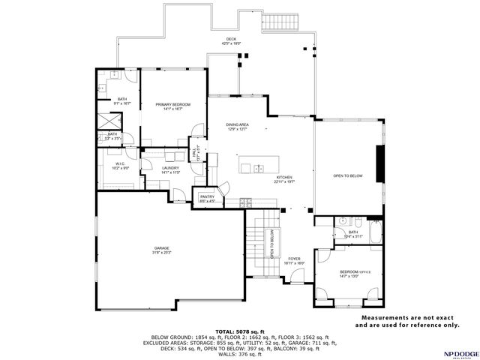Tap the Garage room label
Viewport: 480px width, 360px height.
pyautogui.click(x=162, y=248)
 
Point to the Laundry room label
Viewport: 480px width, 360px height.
pyautogui.click(x=171, y=168)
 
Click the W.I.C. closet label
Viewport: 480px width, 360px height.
pyautogui.click(x=119, y=164)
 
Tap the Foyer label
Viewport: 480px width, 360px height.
pyautogui.click(x=295, y=259)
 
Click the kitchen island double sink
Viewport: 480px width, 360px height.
pyautogui.click(x=257, y=167)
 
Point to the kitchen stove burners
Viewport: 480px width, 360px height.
pyautogui.click(x=247, y=202)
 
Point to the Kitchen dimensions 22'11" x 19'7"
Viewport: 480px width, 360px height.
pyautogui.click(x=285, y=181)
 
